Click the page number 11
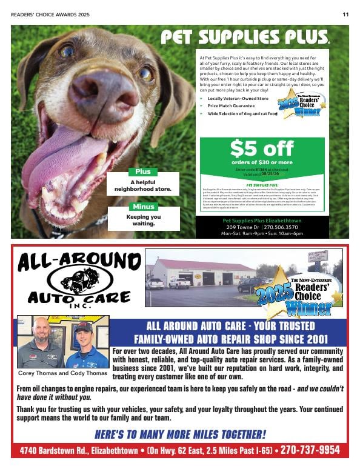(345, 15)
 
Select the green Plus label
(143, 171)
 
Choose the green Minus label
(143, 207)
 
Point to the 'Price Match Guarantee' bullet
(231, 105)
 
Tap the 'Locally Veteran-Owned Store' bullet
(238, 98)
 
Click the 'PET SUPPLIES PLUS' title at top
(245, 38)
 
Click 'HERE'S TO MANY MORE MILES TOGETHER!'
(180, 434)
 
